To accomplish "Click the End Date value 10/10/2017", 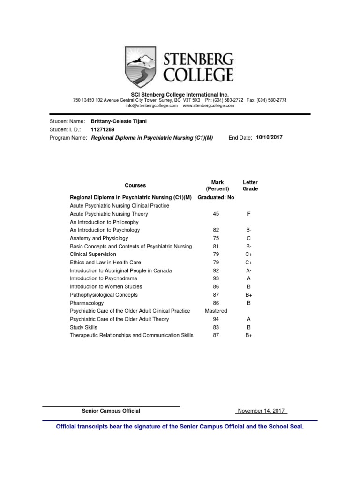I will pyautogui.click(x=270, y=137).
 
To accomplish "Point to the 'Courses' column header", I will pyautogui.click(x=135, y=185).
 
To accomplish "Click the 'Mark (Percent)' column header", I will pyautogui.click(x=217, y=185).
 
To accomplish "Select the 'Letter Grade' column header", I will pyautogui.click(x=250, y=185).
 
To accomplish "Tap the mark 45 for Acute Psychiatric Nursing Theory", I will pyautogui.click(x=216, y=214).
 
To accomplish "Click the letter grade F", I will pyautogui.click(x=249, y=214).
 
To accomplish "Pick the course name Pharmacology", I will pyautogui.click(x=87, y=303).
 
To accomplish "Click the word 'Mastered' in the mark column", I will pyautogui.click(x=216, y=311).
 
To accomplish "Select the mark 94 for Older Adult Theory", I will pyautogui.click(x=216, y=319).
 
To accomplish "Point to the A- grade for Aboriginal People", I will pyautogui.click(x=249, y=270).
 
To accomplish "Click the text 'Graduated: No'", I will pyautogui.click(x=216, y=197).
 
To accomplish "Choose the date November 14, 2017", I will pyautogui.click(x=262, y=411).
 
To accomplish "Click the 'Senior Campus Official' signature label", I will pyautogui.click(x=111, y=411).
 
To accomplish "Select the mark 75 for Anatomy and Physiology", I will pyautogui.click(x=216, y=238).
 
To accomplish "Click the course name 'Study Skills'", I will pyautogui.click(x=83, y=327).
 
